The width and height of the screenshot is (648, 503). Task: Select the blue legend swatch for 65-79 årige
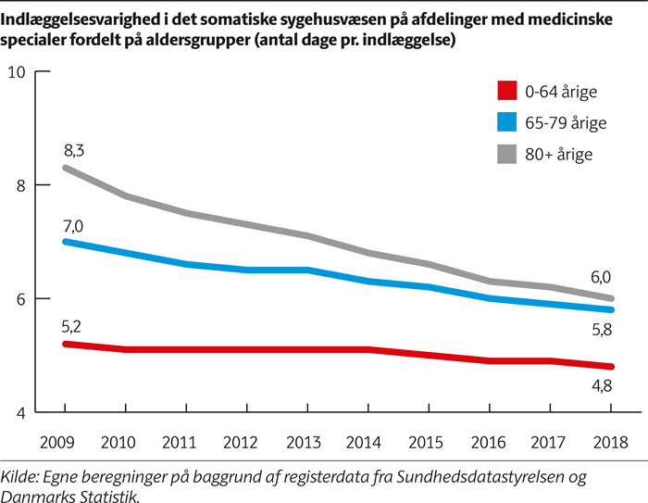click(x=506, y=122)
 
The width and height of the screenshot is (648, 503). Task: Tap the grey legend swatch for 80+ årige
click(x=506, y=154)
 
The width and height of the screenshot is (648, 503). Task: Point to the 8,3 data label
click(x=74, y=148)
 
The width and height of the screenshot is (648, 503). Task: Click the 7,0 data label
click(x=74, y=224)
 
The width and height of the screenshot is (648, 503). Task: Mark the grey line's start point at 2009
click(x=64, y=168)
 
